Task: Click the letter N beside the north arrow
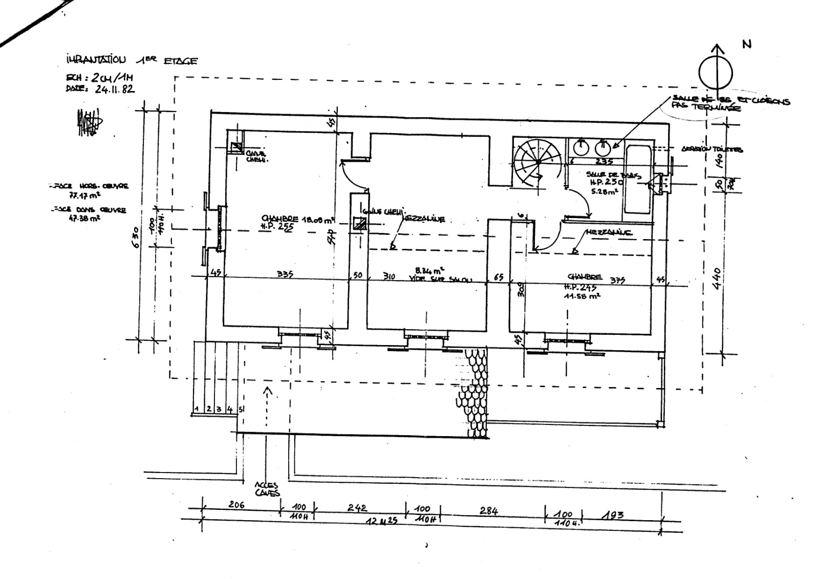click(747, 44)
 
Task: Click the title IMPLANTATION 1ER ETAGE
click(132, 60)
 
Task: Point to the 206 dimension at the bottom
click(236, 505)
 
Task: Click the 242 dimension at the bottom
click(357, 507)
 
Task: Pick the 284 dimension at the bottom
click(488, 510)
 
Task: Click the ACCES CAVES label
click(268, 489)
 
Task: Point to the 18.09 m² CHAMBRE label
click(298, 220)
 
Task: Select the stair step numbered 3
click(219, 410)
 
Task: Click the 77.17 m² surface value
click(85, 195)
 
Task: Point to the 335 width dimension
click(285, 274)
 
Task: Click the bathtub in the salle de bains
click(637, 180)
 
